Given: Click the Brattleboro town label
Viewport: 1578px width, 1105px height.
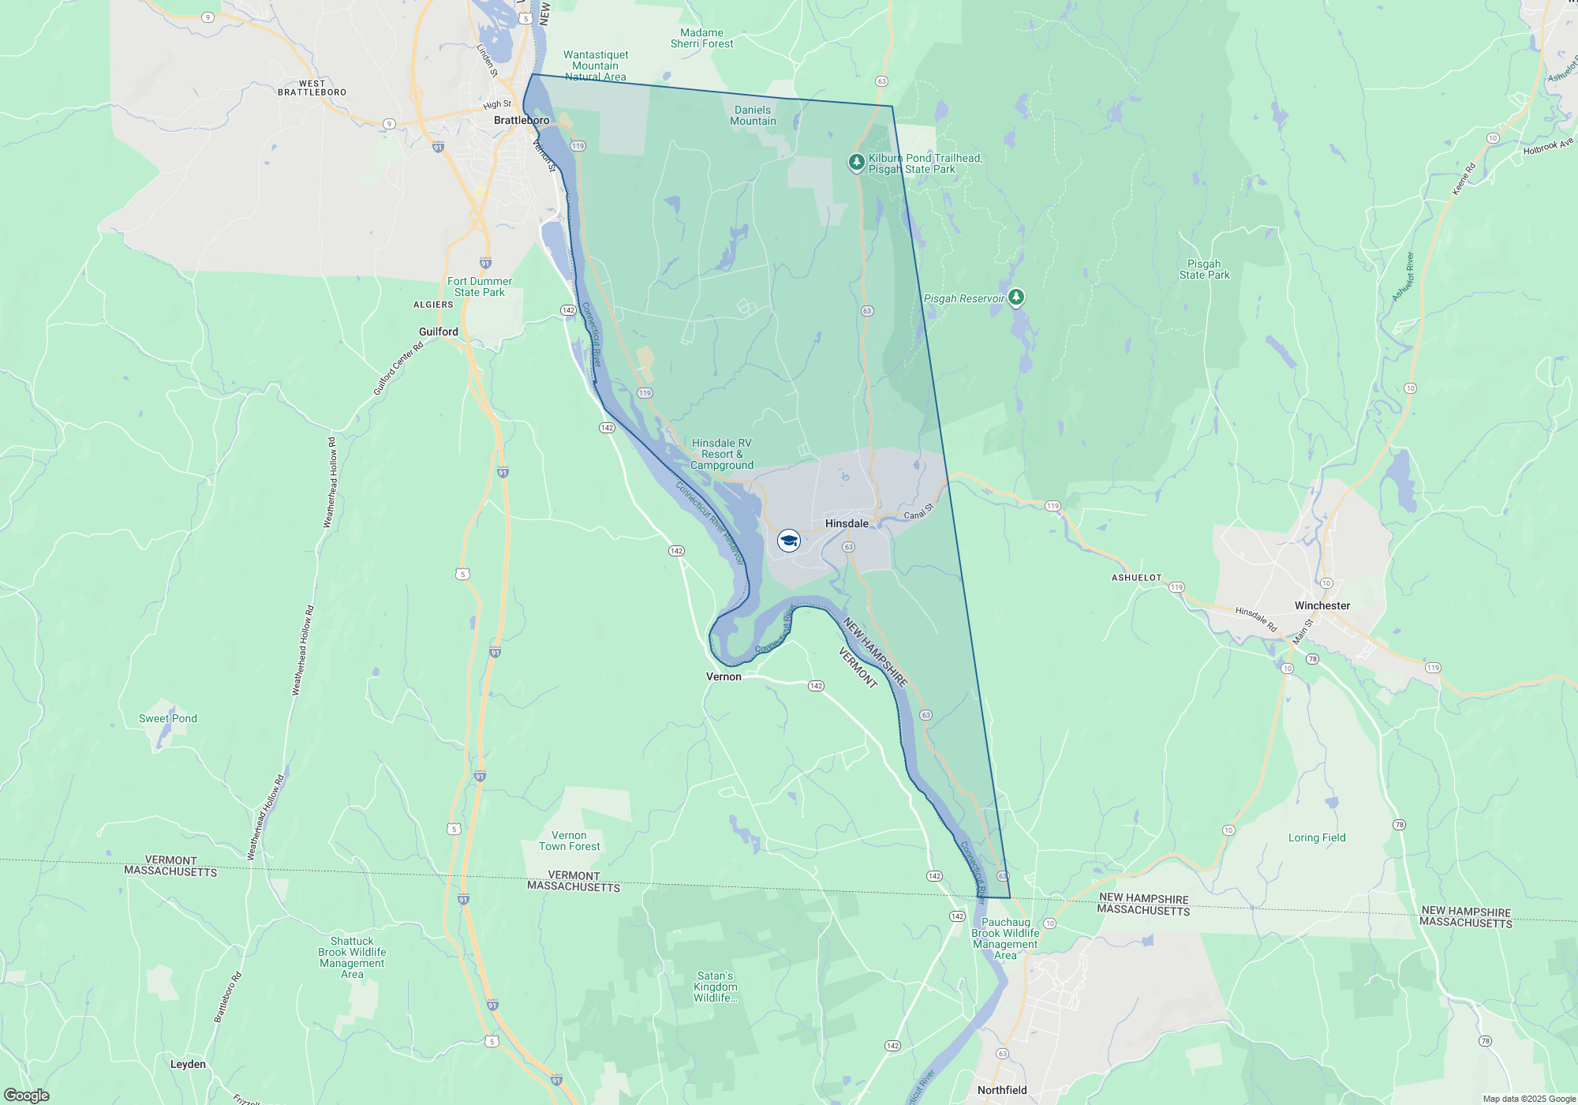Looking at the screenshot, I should pos(522,120).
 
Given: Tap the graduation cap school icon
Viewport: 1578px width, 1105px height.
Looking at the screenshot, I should pos(789,541).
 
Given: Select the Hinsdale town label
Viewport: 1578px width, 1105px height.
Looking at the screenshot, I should pos(847,523).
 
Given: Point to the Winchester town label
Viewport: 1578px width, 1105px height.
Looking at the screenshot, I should pos(1322,605).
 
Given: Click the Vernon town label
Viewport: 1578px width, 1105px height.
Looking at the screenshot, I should pos(724,676).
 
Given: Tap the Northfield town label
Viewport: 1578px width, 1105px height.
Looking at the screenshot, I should pos(1002,1090).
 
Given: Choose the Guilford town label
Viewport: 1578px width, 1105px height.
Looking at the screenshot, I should pos(439,331).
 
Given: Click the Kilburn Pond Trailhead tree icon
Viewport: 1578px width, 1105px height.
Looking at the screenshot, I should pos(856,162).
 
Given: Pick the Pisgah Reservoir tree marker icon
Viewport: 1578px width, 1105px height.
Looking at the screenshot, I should pos(1016,297).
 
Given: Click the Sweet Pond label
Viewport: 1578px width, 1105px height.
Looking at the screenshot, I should pos(168,718).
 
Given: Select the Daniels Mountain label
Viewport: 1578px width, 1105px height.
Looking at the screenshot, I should pos(753,115).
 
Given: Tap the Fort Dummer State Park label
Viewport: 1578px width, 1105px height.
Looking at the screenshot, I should pos(480,287).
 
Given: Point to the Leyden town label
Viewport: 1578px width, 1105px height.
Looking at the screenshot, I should pos(188,1064).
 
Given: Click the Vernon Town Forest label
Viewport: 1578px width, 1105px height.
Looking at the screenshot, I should pos(569,841).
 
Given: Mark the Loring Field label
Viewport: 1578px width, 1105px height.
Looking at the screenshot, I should pos(1317,837).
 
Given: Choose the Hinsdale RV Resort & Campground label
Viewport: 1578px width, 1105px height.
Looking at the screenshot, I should pos(722,454).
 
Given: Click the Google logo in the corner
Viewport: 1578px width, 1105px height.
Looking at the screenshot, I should pos(27,1095).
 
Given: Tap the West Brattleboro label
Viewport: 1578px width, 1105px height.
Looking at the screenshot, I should pos(312,88).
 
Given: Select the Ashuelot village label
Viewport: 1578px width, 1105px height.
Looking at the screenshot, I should pos(1136,578).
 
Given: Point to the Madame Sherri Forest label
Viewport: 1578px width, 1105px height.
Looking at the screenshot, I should pos(701,38).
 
